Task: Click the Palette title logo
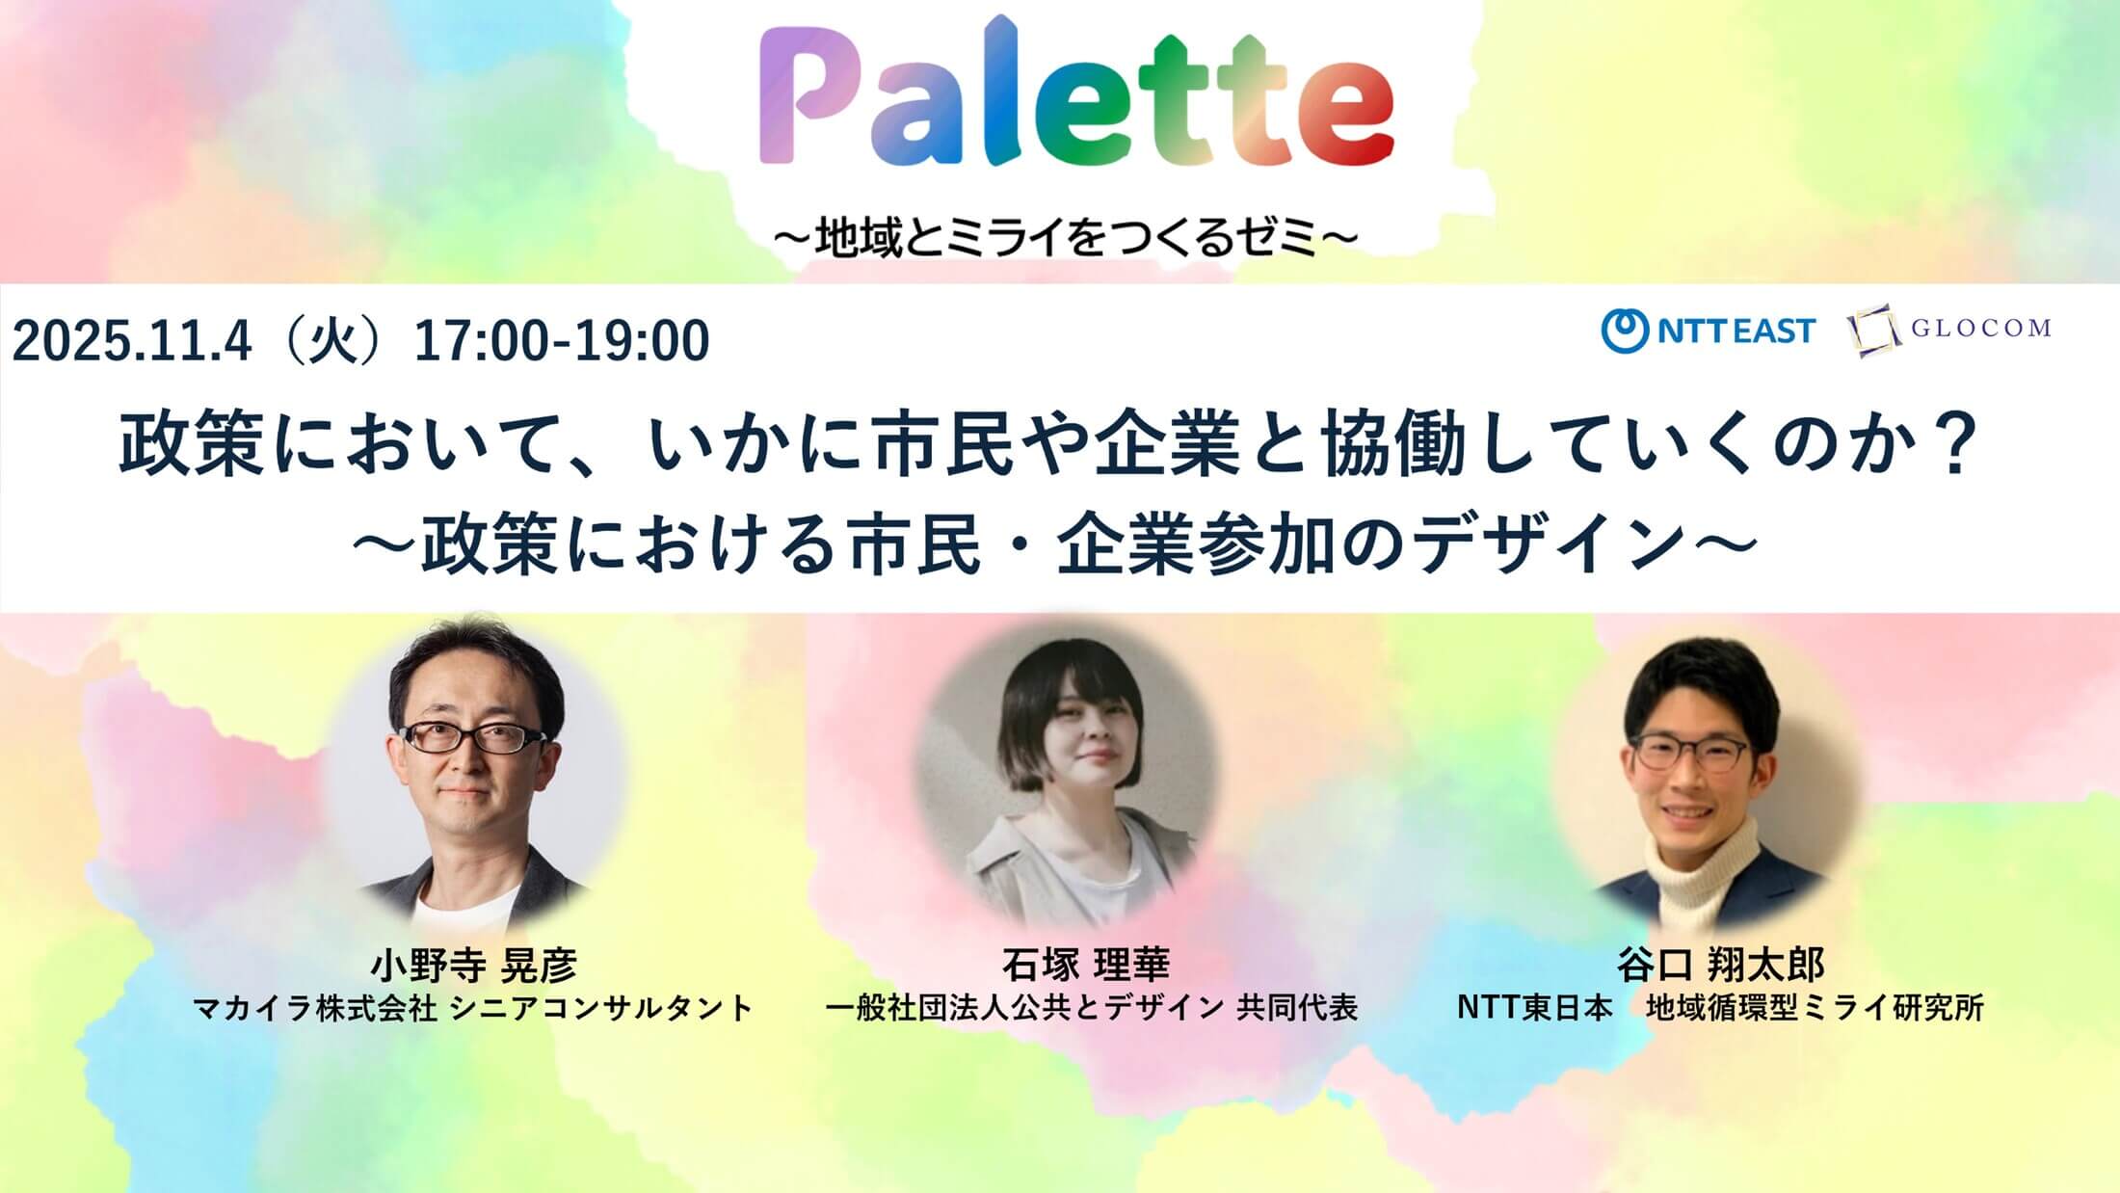(1076, 94)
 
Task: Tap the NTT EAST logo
(1708, 331)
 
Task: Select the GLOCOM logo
(1949, 330)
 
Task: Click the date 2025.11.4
(132, 341)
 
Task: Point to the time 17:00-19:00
(562, 341)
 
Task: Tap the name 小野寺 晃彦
(473, 965)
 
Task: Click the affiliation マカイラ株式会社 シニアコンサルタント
(473, 1008)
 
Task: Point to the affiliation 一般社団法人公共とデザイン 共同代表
(1092, 1008)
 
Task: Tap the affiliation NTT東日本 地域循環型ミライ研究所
(1720, 1008)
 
